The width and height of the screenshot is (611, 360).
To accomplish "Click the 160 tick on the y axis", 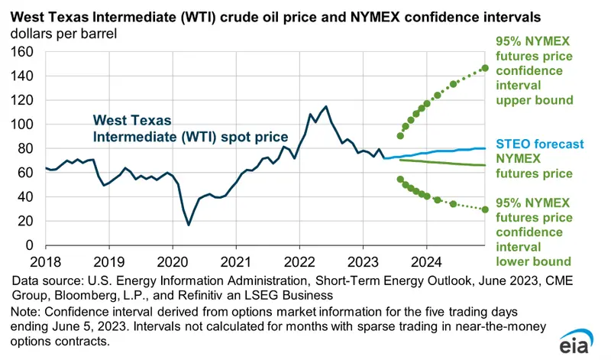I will pos(23,52).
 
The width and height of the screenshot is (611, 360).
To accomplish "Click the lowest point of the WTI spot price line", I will pos(189,225).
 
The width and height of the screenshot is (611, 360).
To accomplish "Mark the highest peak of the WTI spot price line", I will pos(326,106).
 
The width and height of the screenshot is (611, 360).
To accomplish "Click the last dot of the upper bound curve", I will pos(484,68).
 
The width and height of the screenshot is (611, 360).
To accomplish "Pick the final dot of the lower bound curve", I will pos(484,209).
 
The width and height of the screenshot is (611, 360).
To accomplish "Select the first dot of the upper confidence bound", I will pos(400,136).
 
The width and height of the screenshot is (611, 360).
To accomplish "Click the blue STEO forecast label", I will pos(539,144).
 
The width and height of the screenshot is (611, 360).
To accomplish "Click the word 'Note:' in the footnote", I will pos(27,312).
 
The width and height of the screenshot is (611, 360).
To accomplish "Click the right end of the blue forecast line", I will pos(484,148).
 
